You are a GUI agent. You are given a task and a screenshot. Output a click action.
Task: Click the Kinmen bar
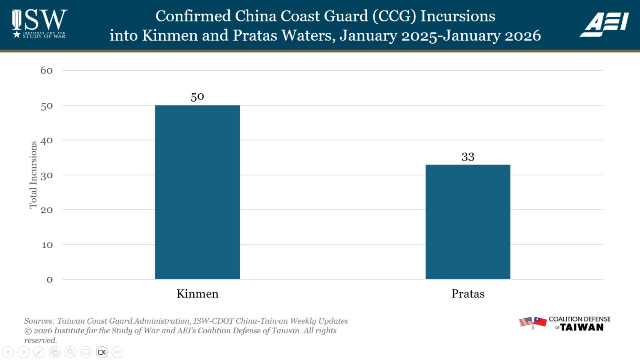pyautogui.click(x=197, y=192)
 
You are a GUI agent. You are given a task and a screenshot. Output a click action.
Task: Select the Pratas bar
pyautogui.click(x=468, y=222)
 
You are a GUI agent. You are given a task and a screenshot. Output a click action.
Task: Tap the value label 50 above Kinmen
pyautogui.click(x=197, y=97)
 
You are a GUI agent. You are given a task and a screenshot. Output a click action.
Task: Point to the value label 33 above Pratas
pyautogui.click(x=468, y=157)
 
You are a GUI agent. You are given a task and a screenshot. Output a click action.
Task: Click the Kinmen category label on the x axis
pyautogui.click(x=197, y=294)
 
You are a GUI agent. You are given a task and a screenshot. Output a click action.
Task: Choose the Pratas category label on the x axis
pyautogui.click(x=468, y=294)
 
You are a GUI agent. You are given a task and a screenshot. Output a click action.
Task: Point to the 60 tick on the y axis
pyautogui.click(x=47, y=70)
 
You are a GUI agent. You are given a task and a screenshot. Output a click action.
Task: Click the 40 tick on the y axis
pyautogui.click(x=47, y=140)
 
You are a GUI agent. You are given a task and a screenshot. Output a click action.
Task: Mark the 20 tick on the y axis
pyautogui.click(x=47, y=210)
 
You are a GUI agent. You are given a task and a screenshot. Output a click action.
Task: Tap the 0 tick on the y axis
pyautogui.click(x=50, y=280)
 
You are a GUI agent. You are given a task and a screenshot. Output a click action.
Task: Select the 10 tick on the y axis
pyautogui.click(x=47, y=245)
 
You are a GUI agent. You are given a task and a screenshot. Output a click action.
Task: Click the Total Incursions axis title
pyautogui.click(x=33, y=175)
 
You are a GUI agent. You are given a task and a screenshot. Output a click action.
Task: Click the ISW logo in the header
pyautogui.click(x=40, y=24)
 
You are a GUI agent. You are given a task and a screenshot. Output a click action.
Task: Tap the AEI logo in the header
pyautogui.click(x=604, y=24)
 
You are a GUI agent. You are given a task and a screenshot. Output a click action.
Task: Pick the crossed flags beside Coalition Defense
pyautogui.click(x=532, y=322)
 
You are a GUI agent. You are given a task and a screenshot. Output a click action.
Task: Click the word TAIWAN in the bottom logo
pyautogui.click(x=582, y=327)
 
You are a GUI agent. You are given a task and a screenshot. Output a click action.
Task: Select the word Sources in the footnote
pyautogui.click(x=39, y=321)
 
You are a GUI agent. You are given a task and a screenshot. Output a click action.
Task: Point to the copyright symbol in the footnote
pyautogui.click(x=28, y=331)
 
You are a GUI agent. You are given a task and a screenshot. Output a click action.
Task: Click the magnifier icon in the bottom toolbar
pyautogui.click(x=70, y=352)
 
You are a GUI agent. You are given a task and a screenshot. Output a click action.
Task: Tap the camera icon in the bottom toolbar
pyautogui.click(x=102, y=352)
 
